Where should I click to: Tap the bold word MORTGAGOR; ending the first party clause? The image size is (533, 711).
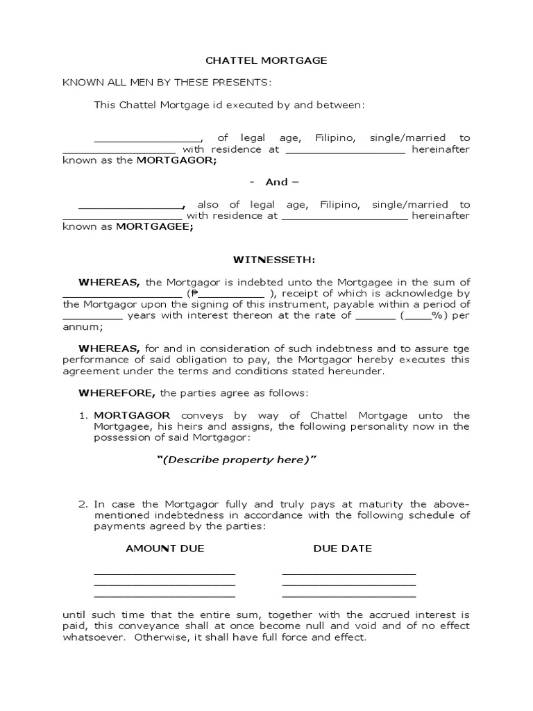[x=176, y=160]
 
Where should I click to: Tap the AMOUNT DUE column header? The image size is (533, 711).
[x=165, y=549]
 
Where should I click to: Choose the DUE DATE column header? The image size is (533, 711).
[x=343, y=549]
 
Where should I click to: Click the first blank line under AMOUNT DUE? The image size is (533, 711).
[x=164, y=574]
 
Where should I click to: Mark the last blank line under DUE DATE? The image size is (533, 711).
[x=349, y=596]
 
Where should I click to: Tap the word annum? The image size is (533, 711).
[x=78, y=326]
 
